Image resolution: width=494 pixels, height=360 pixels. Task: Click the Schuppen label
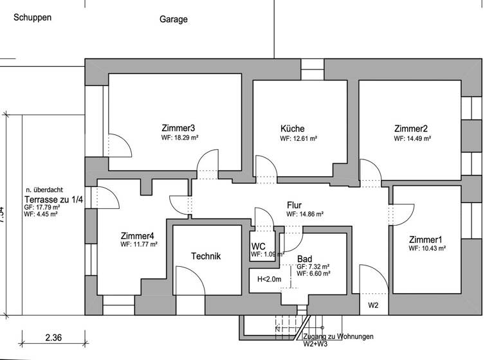tap(32, 17)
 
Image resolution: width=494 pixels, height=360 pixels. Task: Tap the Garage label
tap(174, 19)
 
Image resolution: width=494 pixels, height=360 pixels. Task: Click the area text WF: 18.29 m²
tap(179, 138)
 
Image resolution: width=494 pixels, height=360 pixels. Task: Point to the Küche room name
tap(292, 129)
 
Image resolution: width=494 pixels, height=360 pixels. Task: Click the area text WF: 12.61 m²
tap(298, 138)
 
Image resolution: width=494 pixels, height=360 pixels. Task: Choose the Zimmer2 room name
tap(410, 129)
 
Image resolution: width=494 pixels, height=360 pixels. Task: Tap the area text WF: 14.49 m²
tap(412, 138)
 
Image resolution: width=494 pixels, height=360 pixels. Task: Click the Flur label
tap(295, 206)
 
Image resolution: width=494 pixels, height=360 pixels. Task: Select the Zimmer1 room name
tap(426, 239)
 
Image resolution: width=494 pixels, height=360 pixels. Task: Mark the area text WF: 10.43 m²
tap(428, 249)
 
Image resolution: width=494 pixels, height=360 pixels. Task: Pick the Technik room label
tap(206, 256)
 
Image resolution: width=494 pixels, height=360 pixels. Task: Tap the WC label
tap(259, 246)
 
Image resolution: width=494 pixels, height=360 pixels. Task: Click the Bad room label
tap(304, 258)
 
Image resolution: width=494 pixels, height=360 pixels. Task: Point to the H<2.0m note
tap(270, 279)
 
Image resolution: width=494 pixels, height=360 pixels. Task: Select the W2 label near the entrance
tap(374, 305)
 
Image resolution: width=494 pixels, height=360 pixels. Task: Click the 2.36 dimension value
tap(53, 337)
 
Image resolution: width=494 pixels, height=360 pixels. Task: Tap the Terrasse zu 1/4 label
tap(54, 200)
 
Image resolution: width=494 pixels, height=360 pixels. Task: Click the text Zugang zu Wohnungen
tap(337, 336)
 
